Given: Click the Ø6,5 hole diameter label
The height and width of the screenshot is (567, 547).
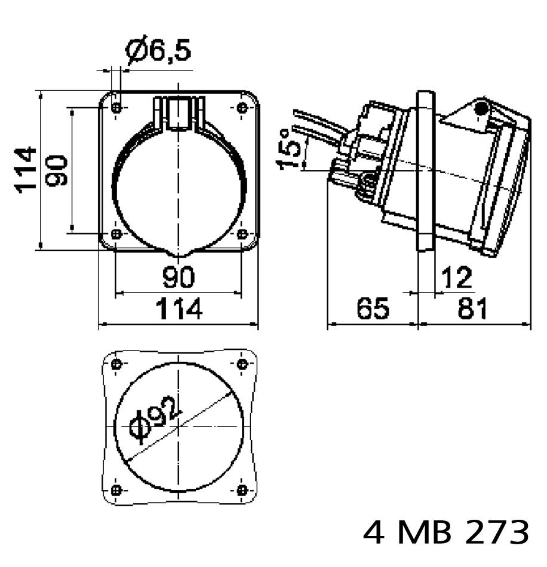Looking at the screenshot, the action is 158,49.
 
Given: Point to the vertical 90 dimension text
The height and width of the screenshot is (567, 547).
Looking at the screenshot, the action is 57,170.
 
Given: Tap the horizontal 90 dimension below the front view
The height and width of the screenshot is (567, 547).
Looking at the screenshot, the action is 179,277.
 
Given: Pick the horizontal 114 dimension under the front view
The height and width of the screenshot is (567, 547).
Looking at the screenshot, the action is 179,309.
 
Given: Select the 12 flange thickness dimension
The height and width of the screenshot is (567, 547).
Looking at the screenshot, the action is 456,278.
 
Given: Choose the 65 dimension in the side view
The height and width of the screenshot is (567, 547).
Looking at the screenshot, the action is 373,309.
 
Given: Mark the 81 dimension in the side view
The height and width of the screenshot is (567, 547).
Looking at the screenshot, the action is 472,309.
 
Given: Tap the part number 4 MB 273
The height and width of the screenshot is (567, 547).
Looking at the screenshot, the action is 446,532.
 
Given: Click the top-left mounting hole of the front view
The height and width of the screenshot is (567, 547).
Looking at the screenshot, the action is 116,108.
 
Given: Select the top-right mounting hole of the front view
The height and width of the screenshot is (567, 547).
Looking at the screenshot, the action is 242,108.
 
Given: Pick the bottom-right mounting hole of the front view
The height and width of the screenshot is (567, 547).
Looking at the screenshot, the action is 242,234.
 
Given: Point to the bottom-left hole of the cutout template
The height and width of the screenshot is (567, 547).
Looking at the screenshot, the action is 116,490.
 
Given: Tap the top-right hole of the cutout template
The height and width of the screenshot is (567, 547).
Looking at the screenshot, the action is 242,364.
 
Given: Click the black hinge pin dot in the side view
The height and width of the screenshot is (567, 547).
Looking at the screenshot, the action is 481,108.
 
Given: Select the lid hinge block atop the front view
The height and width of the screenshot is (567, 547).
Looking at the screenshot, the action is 179,113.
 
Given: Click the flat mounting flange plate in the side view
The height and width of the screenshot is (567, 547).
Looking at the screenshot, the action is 426,170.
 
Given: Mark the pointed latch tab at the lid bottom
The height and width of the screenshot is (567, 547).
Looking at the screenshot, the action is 179,253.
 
